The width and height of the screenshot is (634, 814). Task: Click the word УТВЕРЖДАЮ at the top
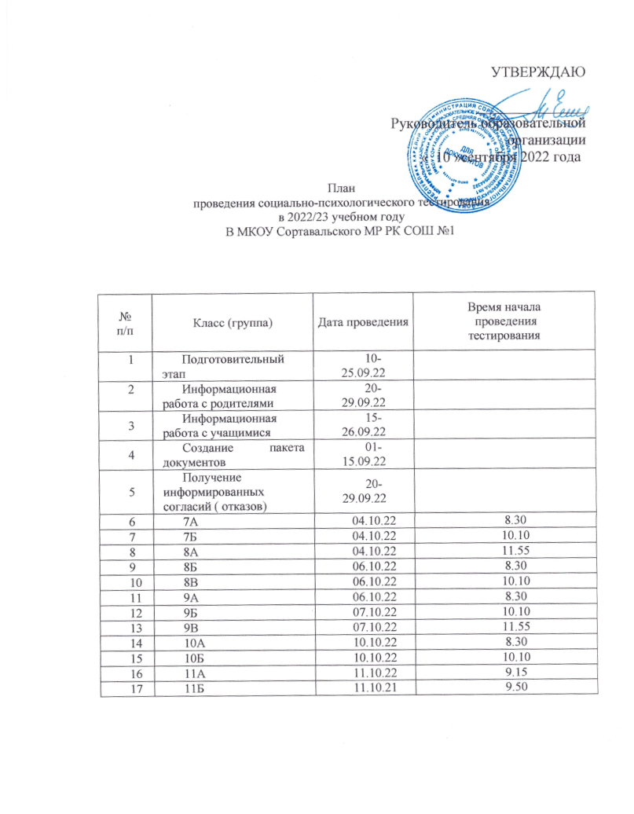tap(535, 74)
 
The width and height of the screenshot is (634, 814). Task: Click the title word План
tap(340, 188)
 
